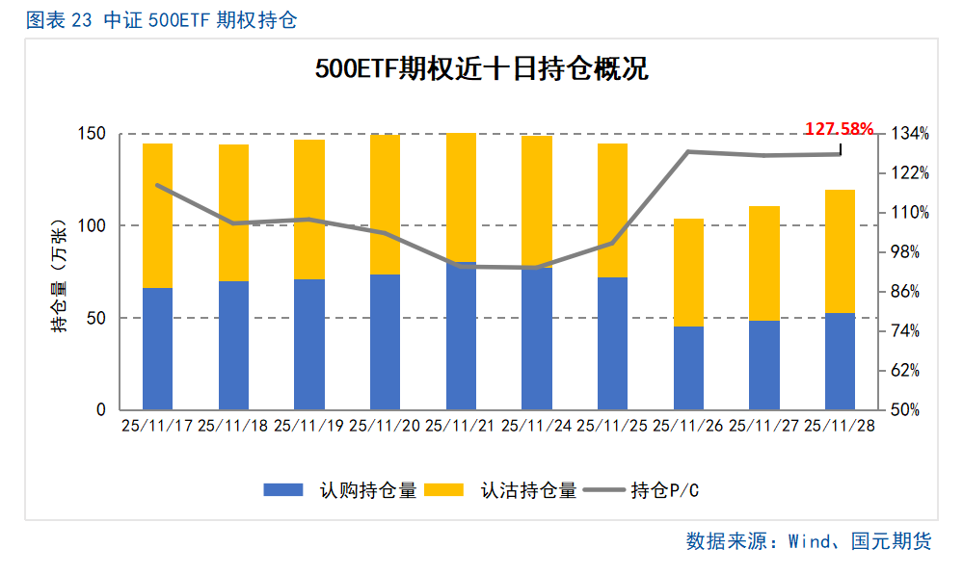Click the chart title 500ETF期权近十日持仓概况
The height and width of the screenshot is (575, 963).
(x=481, y=70)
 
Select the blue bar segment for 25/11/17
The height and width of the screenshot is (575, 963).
(x=157, y=349)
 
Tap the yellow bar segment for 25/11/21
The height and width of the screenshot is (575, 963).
(x=461, y=197)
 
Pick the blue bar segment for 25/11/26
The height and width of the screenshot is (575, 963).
(x=688, y=368)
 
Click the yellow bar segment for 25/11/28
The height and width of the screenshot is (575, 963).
(x=840, y=251)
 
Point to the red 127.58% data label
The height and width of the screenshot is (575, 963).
(x=839, y=128)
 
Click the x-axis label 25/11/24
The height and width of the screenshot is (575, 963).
(x=536, y=426)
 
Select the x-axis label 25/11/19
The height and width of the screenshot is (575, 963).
(x=308, y=426)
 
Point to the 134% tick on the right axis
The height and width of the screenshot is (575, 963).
(x=910, y=134)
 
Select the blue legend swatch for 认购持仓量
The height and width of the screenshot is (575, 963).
(x=283, y=490)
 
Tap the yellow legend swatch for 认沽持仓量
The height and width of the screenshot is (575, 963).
(x=444, y=490)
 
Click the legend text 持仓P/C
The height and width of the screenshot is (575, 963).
(x=664, y=490)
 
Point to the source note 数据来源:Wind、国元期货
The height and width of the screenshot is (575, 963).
(x=809, y=541)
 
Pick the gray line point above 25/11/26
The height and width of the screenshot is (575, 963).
(x=688, y=151)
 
